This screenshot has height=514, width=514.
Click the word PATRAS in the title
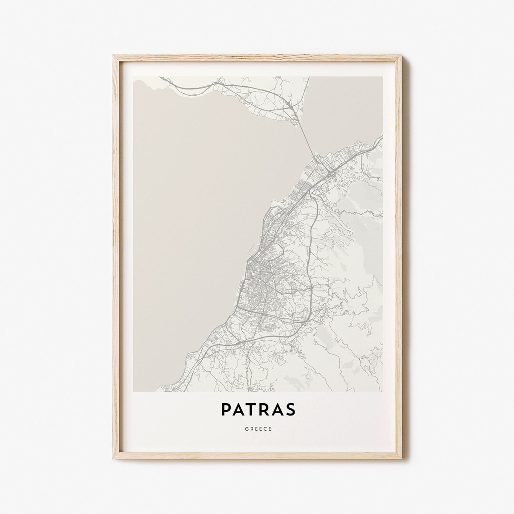[257, 409]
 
